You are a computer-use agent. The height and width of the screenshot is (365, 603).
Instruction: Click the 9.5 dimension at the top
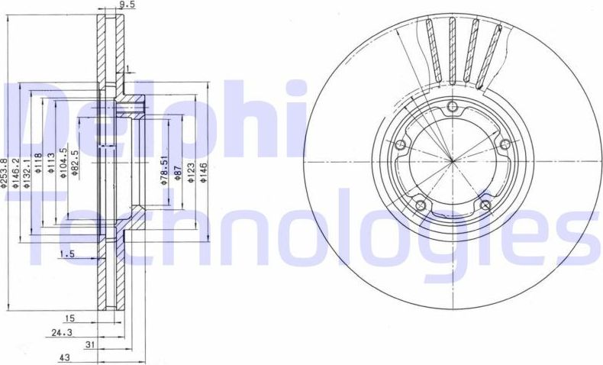(117, 5)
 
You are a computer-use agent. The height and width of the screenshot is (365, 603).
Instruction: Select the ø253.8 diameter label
(5, 171)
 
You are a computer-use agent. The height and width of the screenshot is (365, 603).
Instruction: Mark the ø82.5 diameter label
(75, 162)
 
